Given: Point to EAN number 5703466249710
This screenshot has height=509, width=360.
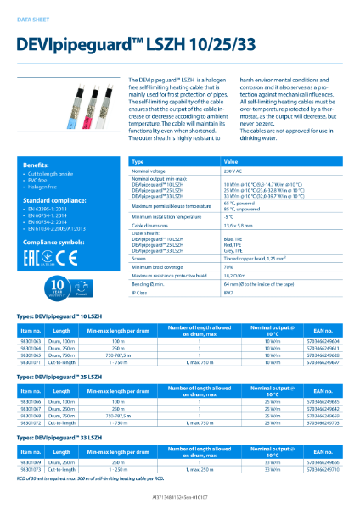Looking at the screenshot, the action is [308, 468].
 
